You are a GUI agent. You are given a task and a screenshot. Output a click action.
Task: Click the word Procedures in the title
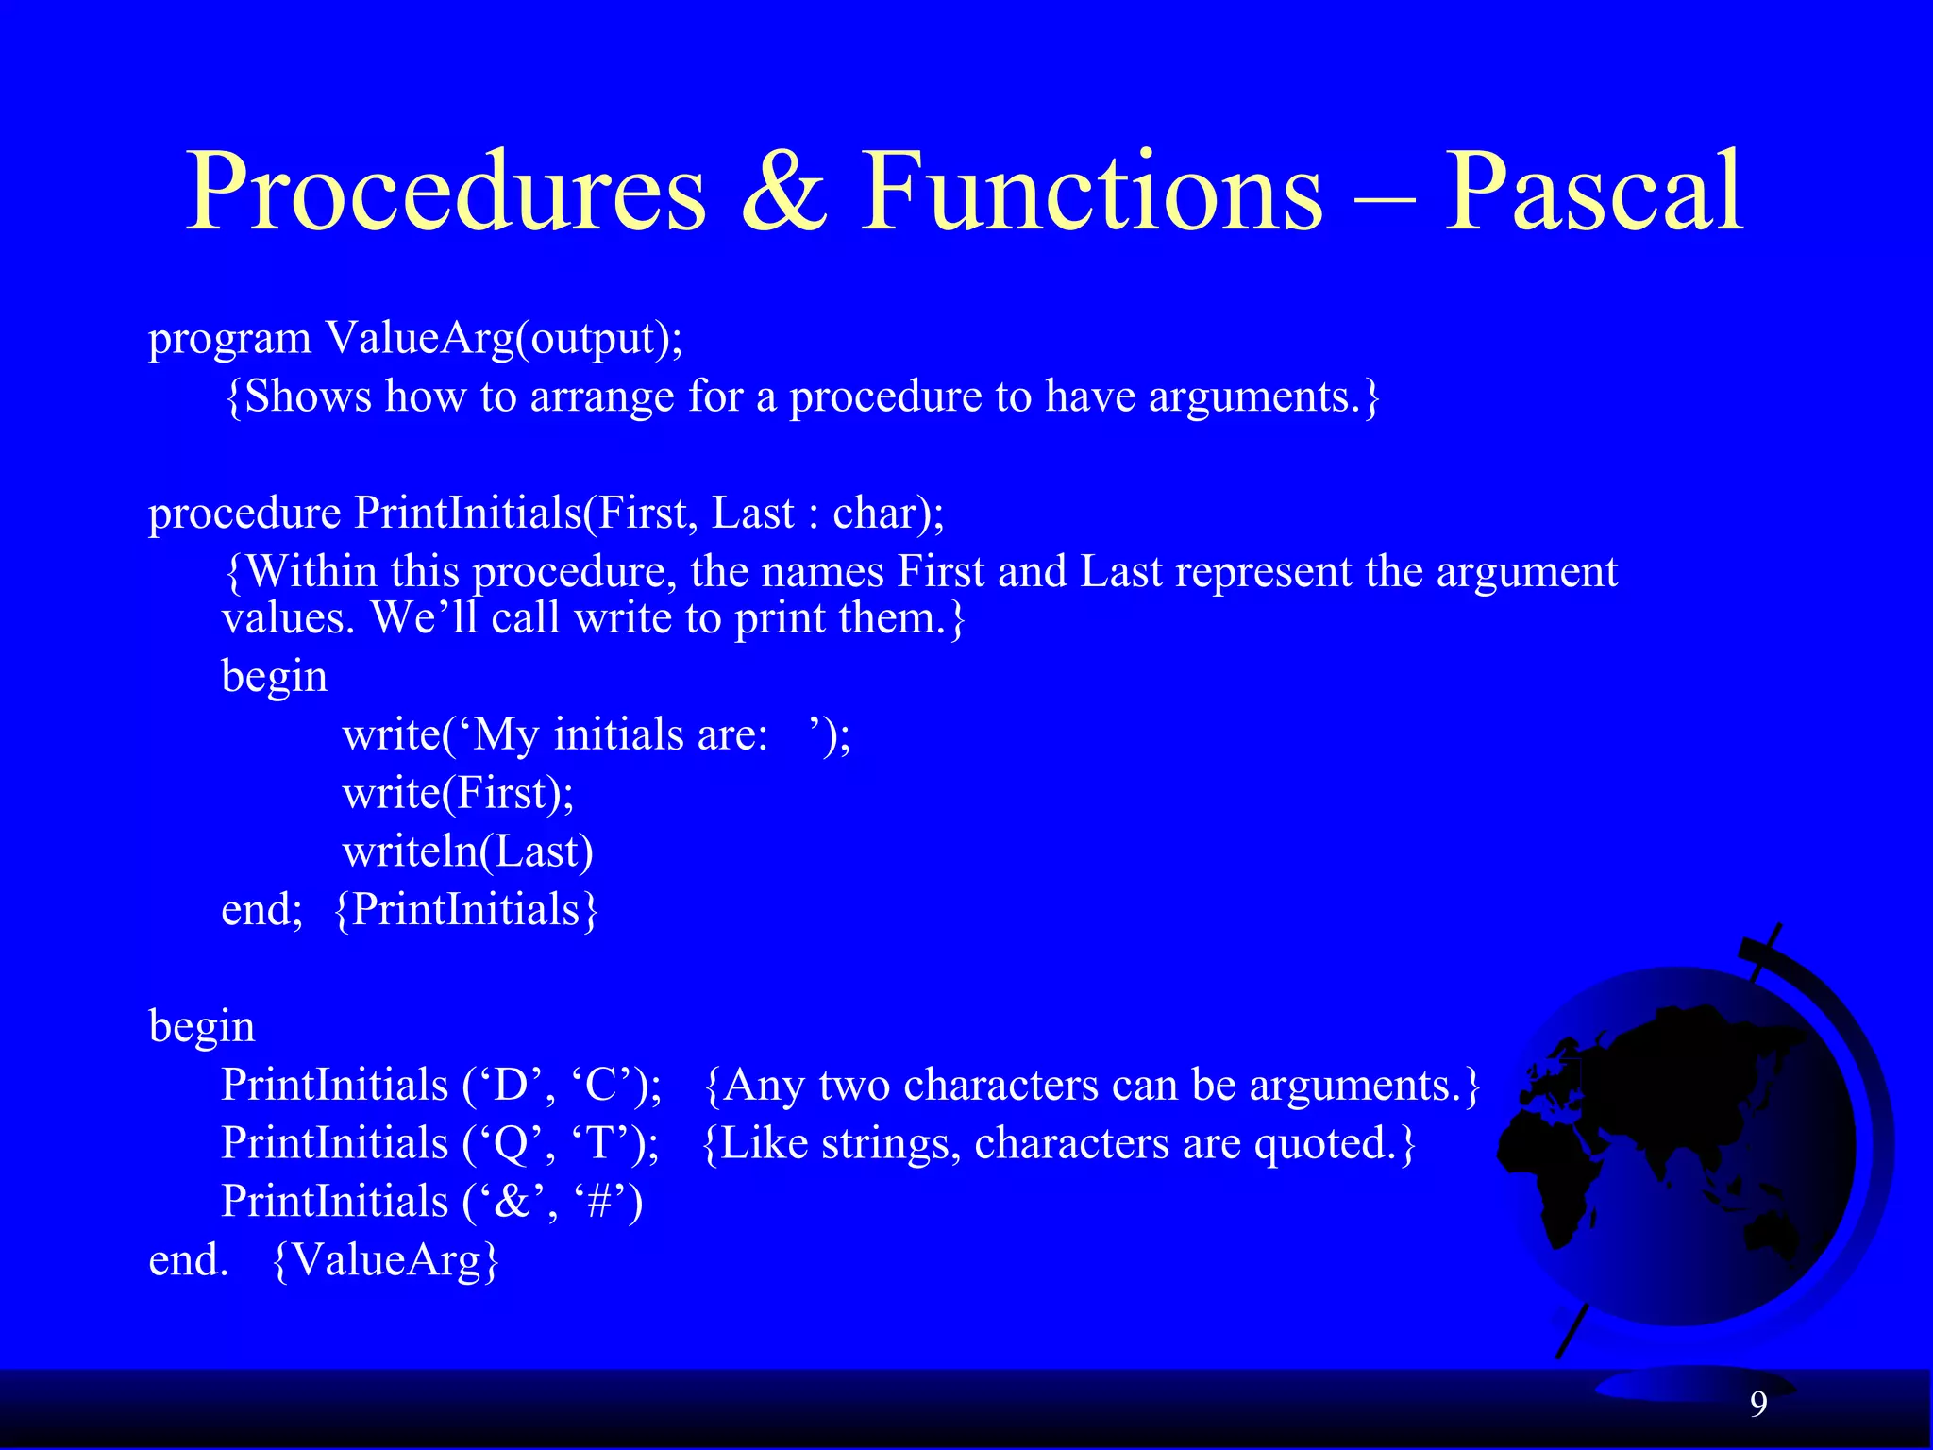click(445, 194)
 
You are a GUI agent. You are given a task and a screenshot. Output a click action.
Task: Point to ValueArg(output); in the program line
click(504, 338)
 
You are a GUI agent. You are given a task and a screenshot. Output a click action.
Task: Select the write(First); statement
click(458, 793)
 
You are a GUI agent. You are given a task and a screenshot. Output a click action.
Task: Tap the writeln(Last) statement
click(468, 851)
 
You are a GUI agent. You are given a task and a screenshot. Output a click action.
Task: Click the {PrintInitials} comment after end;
click(466, 910)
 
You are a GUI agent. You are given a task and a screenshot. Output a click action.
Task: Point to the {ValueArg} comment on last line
click(385, 1260)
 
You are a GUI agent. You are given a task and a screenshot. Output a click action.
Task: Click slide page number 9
click(1758, 1405)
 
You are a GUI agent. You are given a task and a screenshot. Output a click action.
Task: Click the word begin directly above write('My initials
click(274, 677)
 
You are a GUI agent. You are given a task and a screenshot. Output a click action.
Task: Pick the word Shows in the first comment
click(308, 396)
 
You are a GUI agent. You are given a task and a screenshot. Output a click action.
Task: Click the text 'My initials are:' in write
click(621, 735)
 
